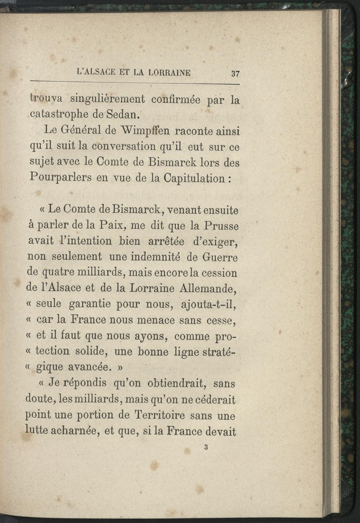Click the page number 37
point(235,74)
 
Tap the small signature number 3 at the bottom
point(206,447)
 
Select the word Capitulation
point(194,179)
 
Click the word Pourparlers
point(60,178)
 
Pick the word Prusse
point(221,226)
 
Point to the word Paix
point(112,226)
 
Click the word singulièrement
point(107,99)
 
